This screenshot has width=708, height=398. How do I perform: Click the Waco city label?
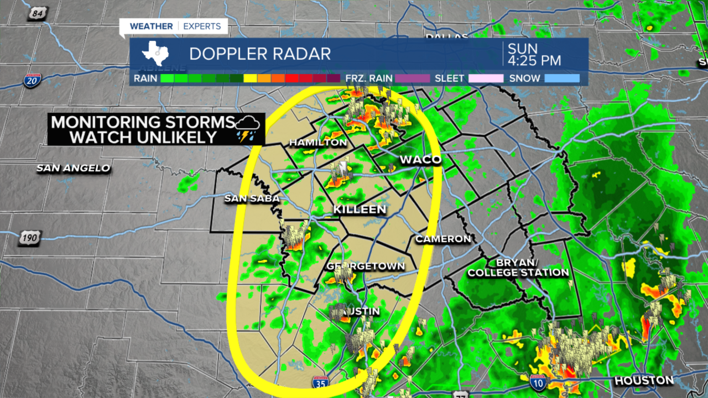click(420, 160)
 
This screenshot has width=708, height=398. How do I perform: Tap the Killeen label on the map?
click(359, 210)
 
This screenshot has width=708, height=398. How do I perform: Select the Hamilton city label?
click(318, 143)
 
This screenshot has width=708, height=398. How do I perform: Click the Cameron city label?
click(443, 239)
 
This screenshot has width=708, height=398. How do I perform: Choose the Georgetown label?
click(366, 266)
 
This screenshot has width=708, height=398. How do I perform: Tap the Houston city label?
click(644, 380)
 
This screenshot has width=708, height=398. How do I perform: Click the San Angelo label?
click(74, 168)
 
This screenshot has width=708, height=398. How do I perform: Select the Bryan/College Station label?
click(518, 267)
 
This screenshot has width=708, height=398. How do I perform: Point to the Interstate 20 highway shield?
click(32, 81)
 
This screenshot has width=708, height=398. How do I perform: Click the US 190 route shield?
click(29, 238)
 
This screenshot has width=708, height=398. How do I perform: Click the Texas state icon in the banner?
click(155, 54)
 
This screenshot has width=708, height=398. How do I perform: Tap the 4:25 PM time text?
click(534, 60)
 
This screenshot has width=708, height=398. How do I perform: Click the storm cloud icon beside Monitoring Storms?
click(248, 128)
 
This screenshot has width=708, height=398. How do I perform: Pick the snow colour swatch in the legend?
click(562, 78)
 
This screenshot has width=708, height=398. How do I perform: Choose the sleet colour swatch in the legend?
click(486, 78)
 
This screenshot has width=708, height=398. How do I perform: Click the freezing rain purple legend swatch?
click(411, 78)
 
